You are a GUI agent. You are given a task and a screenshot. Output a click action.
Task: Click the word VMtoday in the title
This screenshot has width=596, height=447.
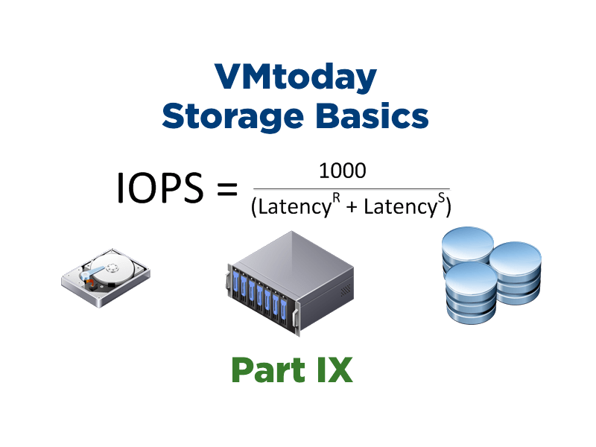296,77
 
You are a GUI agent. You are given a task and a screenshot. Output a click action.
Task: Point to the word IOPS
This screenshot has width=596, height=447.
159,189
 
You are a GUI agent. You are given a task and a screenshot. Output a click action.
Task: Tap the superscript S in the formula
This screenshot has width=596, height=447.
441,200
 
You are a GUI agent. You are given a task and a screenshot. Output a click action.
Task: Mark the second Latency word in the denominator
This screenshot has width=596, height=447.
400,208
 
